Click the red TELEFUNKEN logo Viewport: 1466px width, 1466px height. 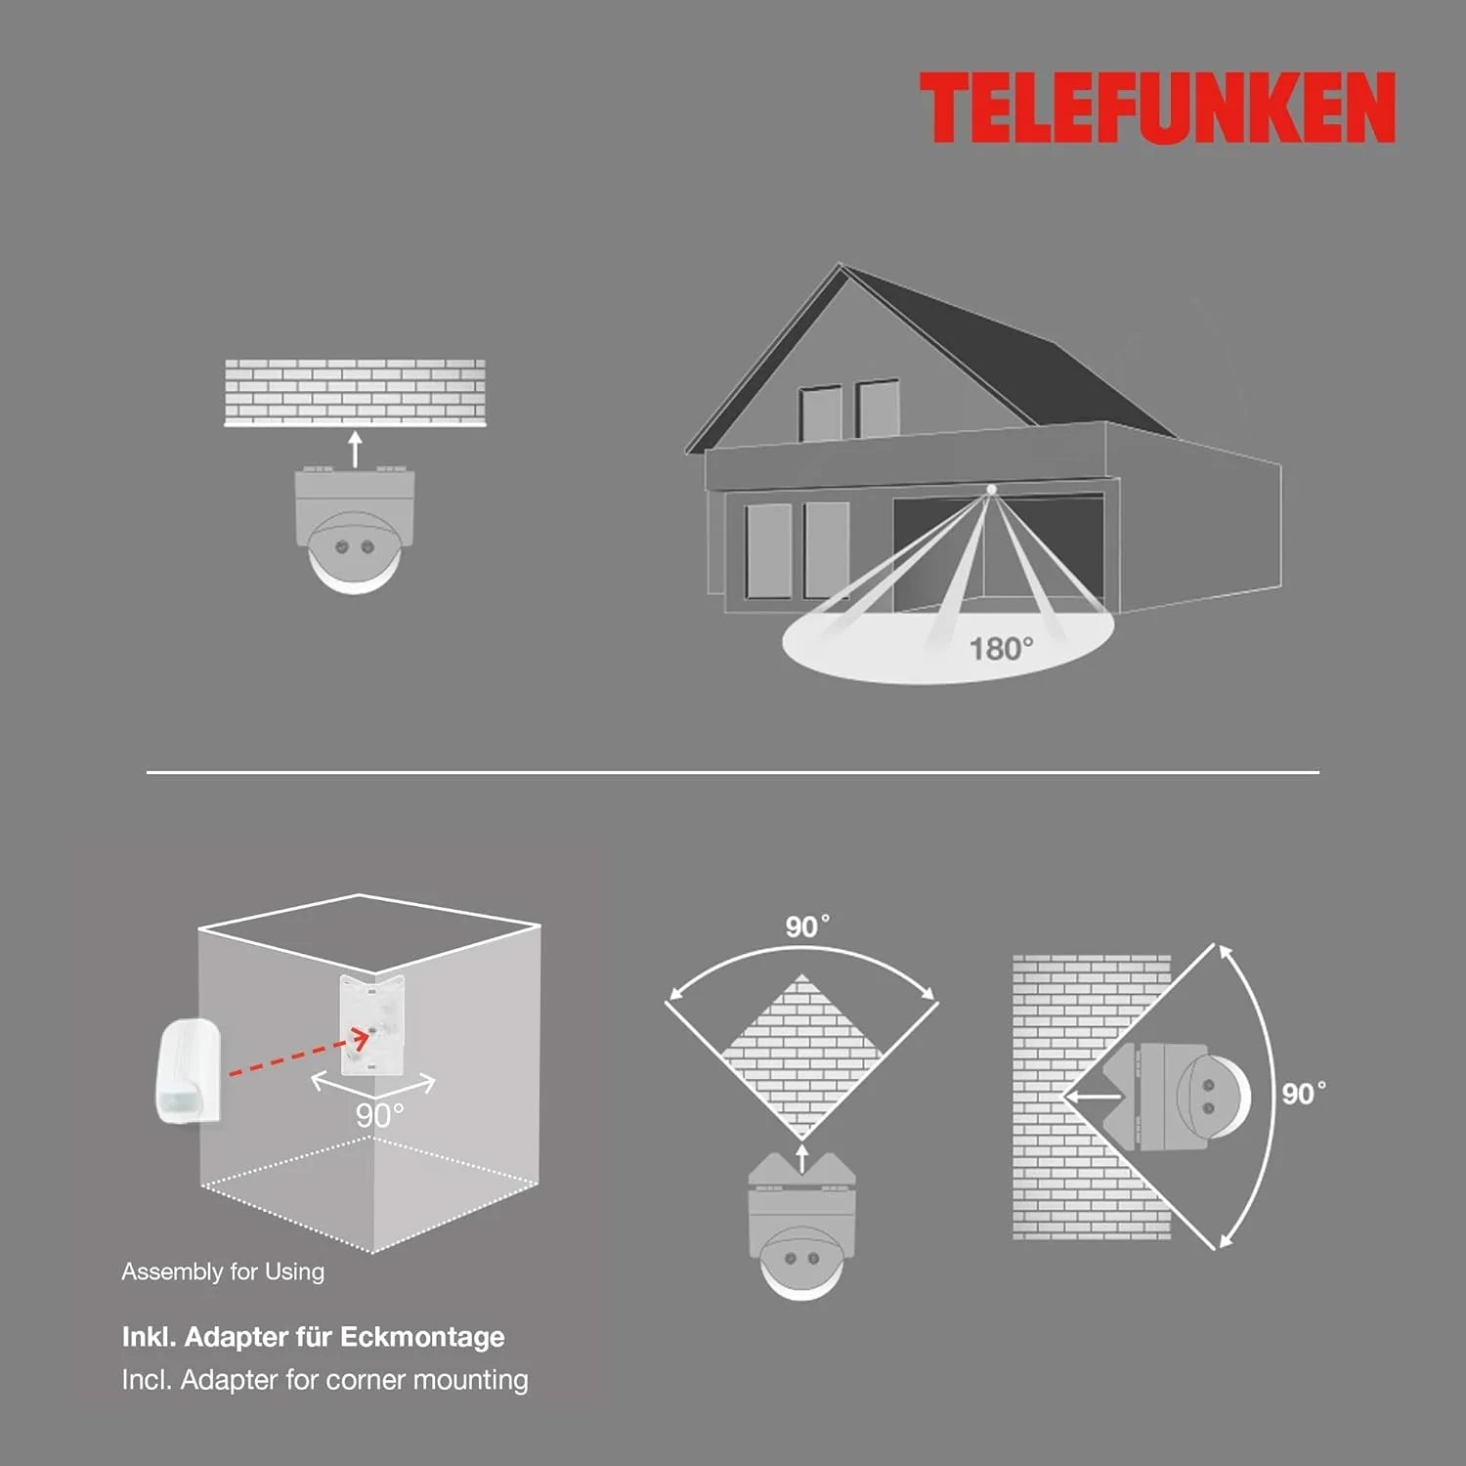(x=1157, y=108)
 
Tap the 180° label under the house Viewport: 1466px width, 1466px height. (x=1001, y=648)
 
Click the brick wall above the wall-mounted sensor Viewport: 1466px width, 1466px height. (x=355, y=393)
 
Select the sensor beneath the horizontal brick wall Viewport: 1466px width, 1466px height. (x=355, y=529)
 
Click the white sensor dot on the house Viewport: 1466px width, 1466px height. (x=991, y=489)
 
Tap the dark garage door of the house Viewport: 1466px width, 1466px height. (x=997, y=552)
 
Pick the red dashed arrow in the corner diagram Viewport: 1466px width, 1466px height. (x=298, y=1054)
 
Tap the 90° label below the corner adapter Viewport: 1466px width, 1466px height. (x=379, y=1115)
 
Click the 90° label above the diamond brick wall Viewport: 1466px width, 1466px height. (x=807, y=927)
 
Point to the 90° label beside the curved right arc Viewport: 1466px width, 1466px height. (x=1304, y=1093)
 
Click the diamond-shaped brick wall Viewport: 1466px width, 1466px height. (x=801, y=1056)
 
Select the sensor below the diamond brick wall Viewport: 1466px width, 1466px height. (x=801, y=1227)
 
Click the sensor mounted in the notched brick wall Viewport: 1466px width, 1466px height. (x=1178, y=1096)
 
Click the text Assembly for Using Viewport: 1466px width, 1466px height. (x=223, y=1272)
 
